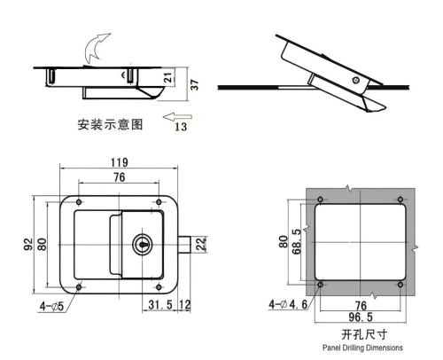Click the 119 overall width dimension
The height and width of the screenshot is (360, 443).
[x=120, y=162]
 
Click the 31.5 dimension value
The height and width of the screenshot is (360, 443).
[x=159, y=307]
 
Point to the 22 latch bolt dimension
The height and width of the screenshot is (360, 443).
[x=200, y=243]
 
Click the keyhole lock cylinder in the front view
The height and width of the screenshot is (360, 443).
[x=142, y=244]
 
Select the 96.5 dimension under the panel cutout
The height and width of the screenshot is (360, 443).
[x=360, y=316]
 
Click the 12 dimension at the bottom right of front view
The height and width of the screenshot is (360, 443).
[x=184, y=307]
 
